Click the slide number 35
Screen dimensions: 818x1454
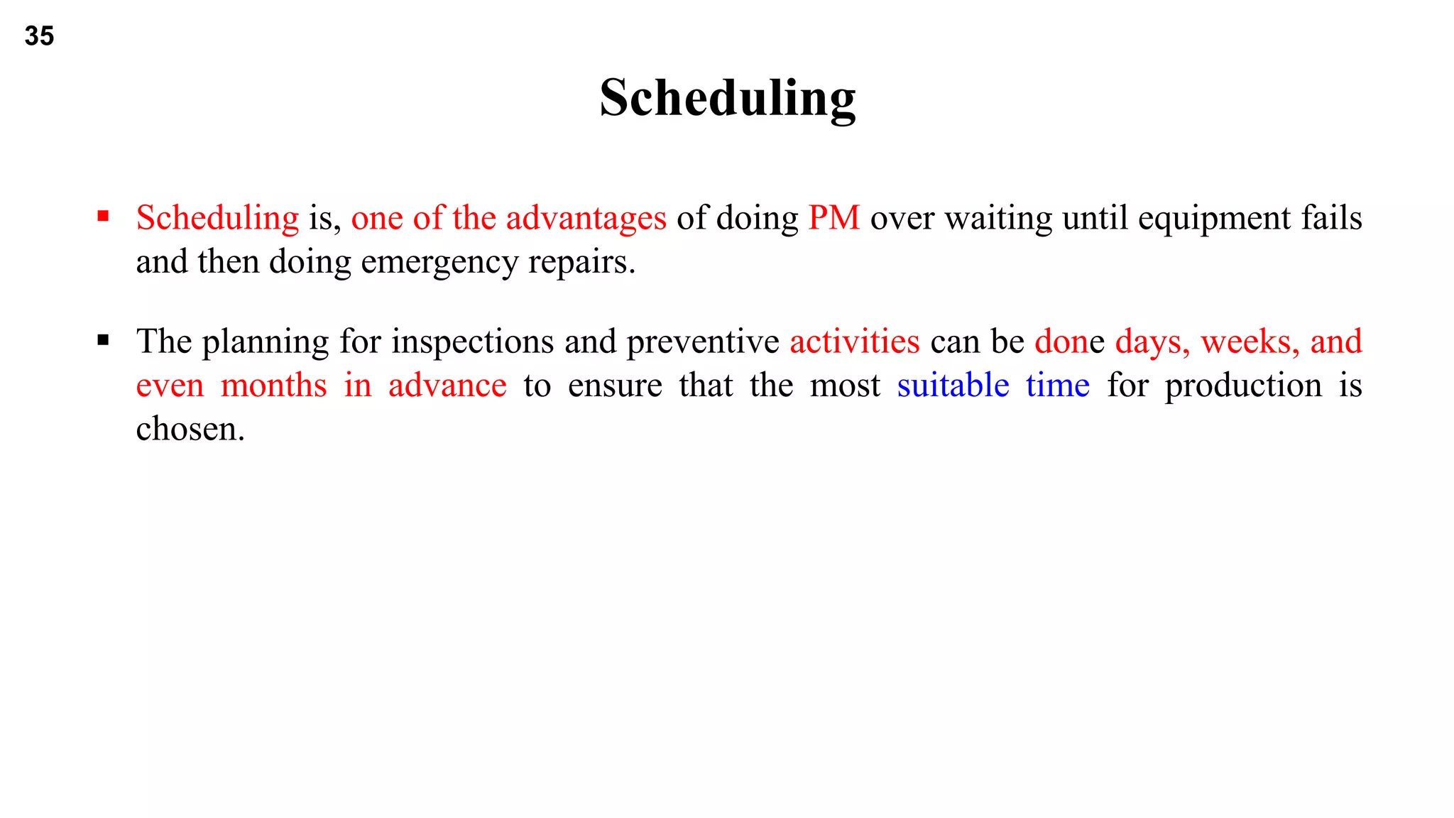point(39,36)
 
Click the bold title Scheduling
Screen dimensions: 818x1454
point(727,98)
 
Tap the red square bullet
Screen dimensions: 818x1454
point(104,217)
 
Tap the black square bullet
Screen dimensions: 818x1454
point(104,341)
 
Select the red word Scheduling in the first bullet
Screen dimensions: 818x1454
point(217,218)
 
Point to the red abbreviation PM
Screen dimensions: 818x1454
point(833,217)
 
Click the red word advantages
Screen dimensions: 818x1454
point(586,218)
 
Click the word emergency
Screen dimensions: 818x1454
point(439,262)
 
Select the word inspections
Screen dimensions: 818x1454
point(473,342)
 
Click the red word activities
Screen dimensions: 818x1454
point(855,342)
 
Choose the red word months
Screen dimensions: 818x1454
point(273,386)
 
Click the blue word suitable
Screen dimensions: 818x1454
point(953,386)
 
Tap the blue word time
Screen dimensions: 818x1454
point(1057,386)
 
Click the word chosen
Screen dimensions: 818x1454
point(190,430)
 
